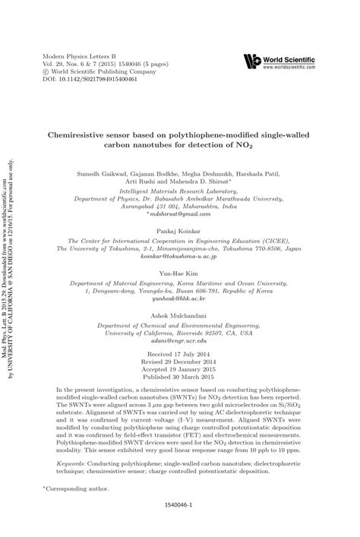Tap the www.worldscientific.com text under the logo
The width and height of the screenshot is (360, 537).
(x=289, y=67)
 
